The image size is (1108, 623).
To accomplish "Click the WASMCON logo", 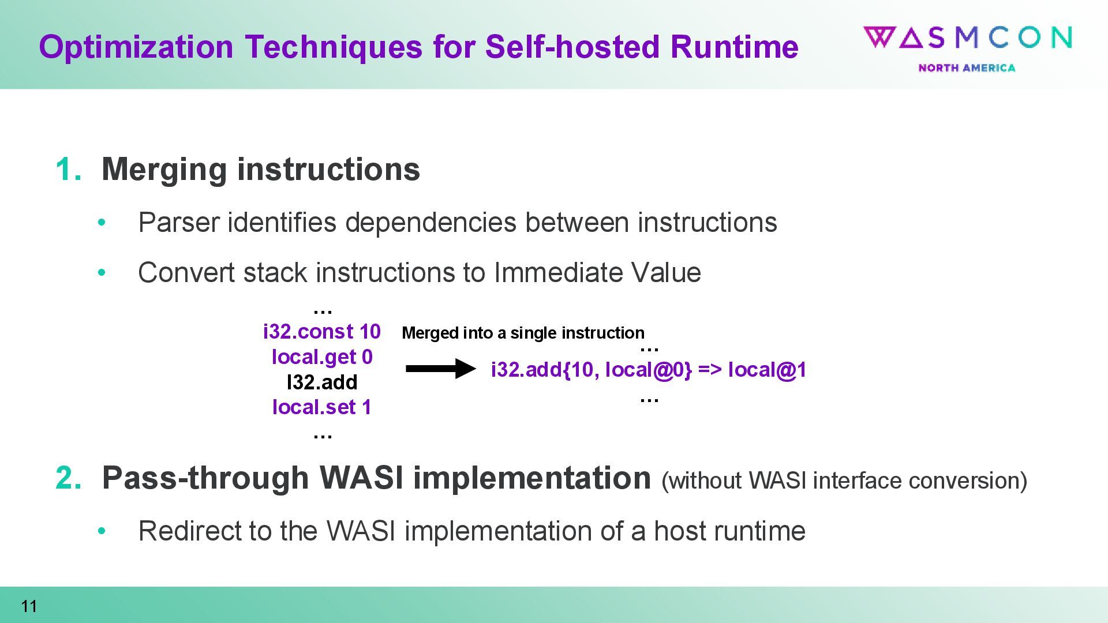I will pyautogui.click(x=967, y=38).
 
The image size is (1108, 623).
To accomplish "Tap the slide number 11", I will pyautogui.click(x=29, y=606).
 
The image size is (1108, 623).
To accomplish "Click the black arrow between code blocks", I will pyautogui.click(x=440, y=369).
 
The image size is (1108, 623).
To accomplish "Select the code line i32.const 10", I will pyautogui.click(x=321, y=332).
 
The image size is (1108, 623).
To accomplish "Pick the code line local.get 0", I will pyautogui.click(x=322, y=357).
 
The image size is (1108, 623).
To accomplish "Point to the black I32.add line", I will pyautogui.click(x=322, y=382).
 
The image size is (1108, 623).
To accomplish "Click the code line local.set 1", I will pyautogui.click(x=322, y=407).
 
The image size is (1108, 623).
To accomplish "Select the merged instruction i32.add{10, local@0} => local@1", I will pyautogui.click(x=648, y=370).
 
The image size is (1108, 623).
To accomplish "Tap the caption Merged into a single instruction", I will pyautogui.click(x=523, y=333).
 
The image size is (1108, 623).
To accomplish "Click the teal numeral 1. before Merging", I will pyautogui.click(x=68, y=170).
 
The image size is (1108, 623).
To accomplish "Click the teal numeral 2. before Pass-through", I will pyautogui.click(x=68, y=478).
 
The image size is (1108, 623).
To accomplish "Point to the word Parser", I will pyautogui.click(x=178, y=223).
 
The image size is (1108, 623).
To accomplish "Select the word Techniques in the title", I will pyautogui.click(x=333, y=47).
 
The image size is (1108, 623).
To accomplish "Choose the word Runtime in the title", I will pyautogui.click(x=734, y=47).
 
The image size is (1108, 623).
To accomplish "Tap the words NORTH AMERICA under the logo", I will pyautogui.click(x=967, y=68).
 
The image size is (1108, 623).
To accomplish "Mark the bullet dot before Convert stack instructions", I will pyautogui.click(x=102, y=272).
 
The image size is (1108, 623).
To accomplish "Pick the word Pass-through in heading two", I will pyautogui.click(x=205, y=478).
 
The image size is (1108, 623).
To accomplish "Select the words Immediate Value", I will pyautogui.click(x=597, y=273).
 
